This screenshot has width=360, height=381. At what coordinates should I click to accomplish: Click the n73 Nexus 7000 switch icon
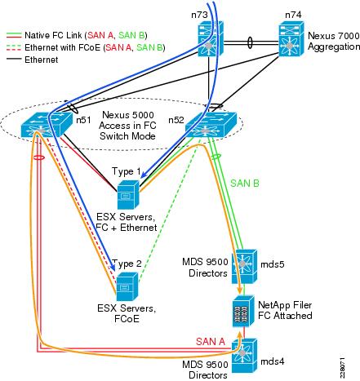(x=211, y=38)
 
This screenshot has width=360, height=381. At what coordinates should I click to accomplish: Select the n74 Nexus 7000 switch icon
(x=291, y=38)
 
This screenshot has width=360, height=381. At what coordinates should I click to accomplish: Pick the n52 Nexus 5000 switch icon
(x=211, y=125)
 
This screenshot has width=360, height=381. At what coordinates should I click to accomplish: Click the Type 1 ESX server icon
(x=128, y=194)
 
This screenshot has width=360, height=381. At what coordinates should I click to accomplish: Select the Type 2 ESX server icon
(x=127, y=286)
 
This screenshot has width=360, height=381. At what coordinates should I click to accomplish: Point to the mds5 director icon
(x=244, y=267)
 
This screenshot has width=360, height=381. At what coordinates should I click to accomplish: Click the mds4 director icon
(x=244, y=356)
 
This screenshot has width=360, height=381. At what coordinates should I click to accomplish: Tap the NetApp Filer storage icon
(x=243, y=311)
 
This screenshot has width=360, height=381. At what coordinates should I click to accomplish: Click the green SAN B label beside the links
(x=245, y=184)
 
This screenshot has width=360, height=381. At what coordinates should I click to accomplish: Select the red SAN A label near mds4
(x=211, y=341)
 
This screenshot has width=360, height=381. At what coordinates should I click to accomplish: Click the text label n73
(x=199, y=15)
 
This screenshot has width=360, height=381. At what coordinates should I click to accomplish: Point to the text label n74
(x=293, y=15)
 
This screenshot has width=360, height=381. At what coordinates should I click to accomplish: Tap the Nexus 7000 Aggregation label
(x=334, y=41)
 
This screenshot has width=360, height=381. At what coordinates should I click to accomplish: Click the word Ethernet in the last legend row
(x=42, y=60)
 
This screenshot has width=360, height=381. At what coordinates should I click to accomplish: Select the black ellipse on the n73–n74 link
(x=250, y=43)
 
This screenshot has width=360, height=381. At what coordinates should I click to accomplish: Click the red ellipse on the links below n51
(x=38, y=157)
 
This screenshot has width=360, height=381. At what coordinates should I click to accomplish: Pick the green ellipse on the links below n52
(x=216, y=157)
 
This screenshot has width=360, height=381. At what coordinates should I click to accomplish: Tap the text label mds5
(x=273, y=264)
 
